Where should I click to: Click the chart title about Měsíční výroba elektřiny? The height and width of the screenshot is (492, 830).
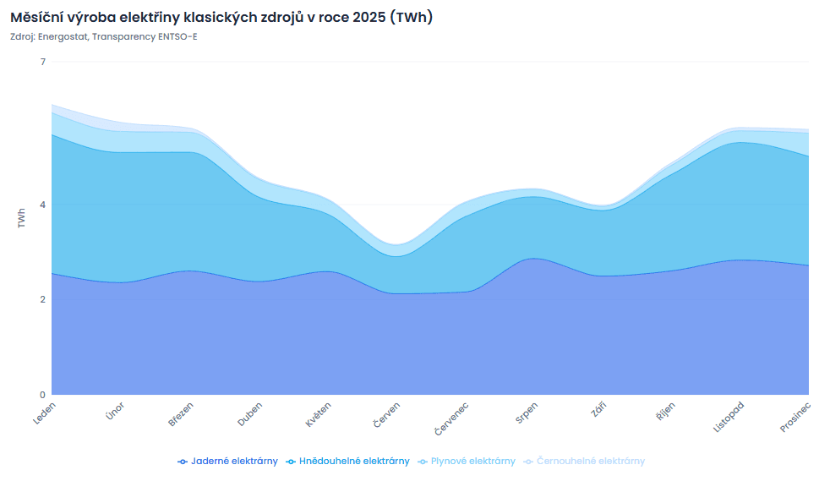[221, 17]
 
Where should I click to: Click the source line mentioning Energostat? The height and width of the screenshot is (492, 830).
[104, 36]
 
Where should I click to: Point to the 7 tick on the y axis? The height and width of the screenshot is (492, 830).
[42, 62]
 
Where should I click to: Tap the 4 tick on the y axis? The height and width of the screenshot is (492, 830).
[42, 205]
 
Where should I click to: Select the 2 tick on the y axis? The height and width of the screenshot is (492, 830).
[42, 299]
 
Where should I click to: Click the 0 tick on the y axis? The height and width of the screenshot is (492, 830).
[42, 395]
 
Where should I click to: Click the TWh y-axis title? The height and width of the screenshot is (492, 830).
[21, 218]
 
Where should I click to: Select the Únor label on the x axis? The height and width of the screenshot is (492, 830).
[115, 412]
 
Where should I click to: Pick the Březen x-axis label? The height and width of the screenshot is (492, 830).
[182, 413]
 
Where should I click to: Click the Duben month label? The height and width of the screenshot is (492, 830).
[250, 413]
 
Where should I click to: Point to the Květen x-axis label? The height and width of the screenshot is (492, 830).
[318, 413]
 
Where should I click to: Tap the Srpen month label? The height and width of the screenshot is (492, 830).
[526, 413]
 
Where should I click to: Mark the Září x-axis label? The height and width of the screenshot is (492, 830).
[598, 410]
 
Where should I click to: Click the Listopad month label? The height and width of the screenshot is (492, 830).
[729, 417]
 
